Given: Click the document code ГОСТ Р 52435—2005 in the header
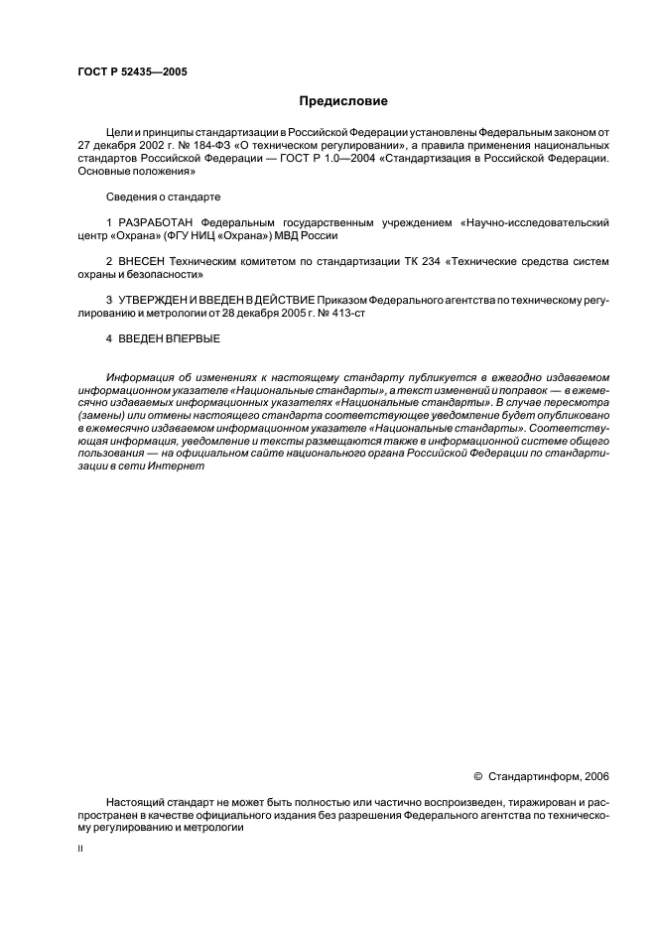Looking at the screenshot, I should (x=132, y=72).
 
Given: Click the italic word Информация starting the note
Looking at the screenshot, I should (x=140, y=377).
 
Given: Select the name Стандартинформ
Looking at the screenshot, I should (x=535, y=776).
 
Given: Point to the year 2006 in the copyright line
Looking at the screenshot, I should (x=597, y=776).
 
